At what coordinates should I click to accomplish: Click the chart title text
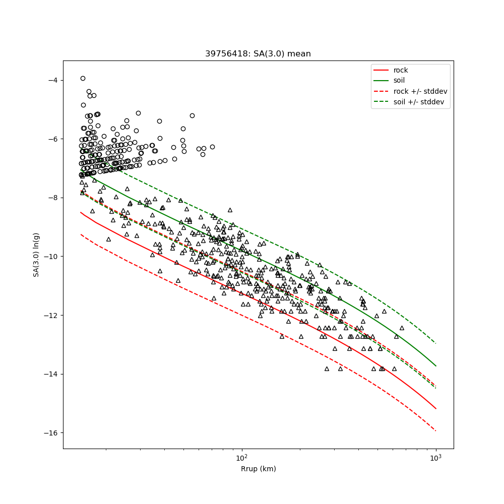click(x=258, y=54)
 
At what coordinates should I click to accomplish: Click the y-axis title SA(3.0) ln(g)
click(x=36, y=255)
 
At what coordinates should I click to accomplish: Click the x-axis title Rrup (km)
click(x=258, y=469)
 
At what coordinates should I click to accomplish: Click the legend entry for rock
click(x=401, y=70)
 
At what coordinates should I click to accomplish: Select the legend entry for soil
click(x=399, y=80)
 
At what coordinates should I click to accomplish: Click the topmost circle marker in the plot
click(x=83, y=78)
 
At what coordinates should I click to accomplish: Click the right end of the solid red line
click(x=435, y=408)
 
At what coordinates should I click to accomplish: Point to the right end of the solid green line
click(x=435, y=365)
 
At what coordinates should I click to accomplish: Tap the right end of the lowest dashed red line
click(x=435, y=430)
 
